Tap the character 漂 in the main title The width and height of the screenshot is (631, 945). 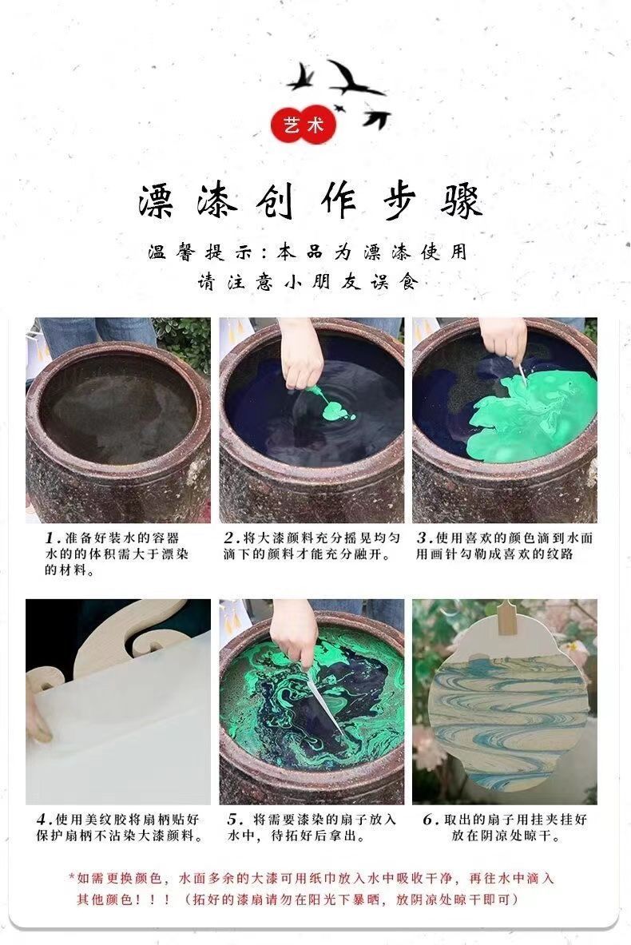point(158,201)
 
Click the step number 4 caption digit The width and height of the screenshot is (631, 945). point(42,820)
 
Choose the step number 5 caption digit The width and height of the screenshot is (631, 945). point(233,820)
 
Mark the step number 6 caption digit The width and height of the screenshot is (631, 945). point(427,820)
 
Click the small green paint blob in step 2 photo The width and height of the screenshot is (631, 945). point(333,410)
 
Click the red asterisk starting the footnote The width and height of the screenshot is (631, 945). point(72,878)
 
